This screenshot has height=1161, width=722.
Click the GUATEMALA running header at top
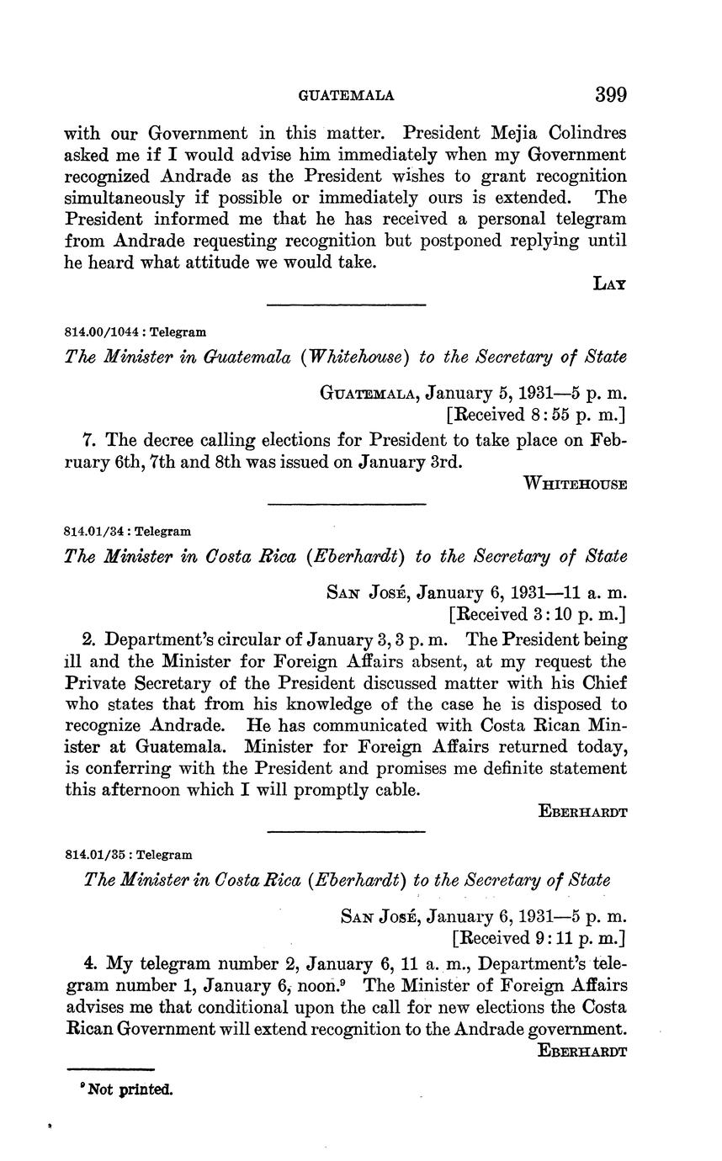click(347, 96)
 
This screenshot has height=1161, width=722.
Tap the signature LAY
click(610, 284)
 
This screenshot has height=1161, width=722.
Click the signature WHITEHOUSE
click(575, 484)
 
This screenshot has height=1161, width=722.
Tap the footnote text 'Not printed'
click(126, 1089)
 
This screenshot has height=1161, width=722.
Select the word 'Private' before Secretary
click(96, 683)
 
